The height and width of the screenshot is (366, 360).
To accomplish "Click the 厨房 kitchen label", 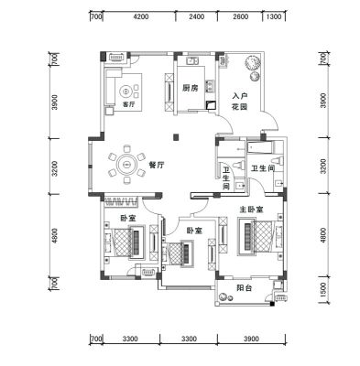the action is coord(190,89).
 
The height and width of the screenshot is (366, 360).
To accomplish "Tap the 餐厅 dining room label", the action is coord(157,166).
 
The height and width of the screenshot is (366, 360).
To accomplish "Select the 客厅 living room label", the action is coord(128,104).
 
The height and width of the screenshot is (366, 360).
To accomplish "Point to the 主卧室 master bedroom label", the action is coord(251,210).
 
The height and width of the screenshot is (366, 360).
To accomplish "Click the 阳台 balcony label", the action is coord(245,287).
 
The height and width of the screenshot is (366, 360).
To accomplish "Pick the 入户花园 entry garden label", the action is coord(240,102).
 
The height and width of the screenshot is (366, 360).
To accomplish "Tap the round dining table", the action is coord(125,165).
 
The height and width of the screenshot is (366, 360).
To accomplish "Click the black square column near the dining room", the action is coord(176,137).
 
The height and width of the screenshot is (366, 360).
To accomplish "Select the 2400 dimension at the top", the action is coord(196,16).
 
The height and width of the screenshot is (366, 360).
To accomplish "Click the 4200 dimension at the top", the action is coord(141,16).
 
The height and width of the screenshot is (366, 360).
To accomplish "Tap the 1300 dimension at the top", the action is coord(274,16).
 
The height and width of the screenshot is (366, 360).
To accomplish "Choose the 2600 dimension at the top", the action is coord(240,16).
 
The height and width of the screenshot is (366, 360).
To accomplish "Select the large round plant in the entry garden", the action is coord(253,63).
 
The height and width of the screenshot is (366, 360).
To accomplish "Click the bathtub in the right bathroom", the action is coord(260,147).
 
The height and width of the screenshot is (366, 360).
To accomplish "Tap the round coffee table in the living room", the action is coord(126,91).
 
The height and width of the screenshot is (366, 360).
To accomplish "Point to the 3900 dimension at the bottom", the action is coord(252,339).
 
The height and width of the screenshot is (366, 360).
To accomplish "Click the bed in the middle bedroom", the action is coord(180,254).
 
